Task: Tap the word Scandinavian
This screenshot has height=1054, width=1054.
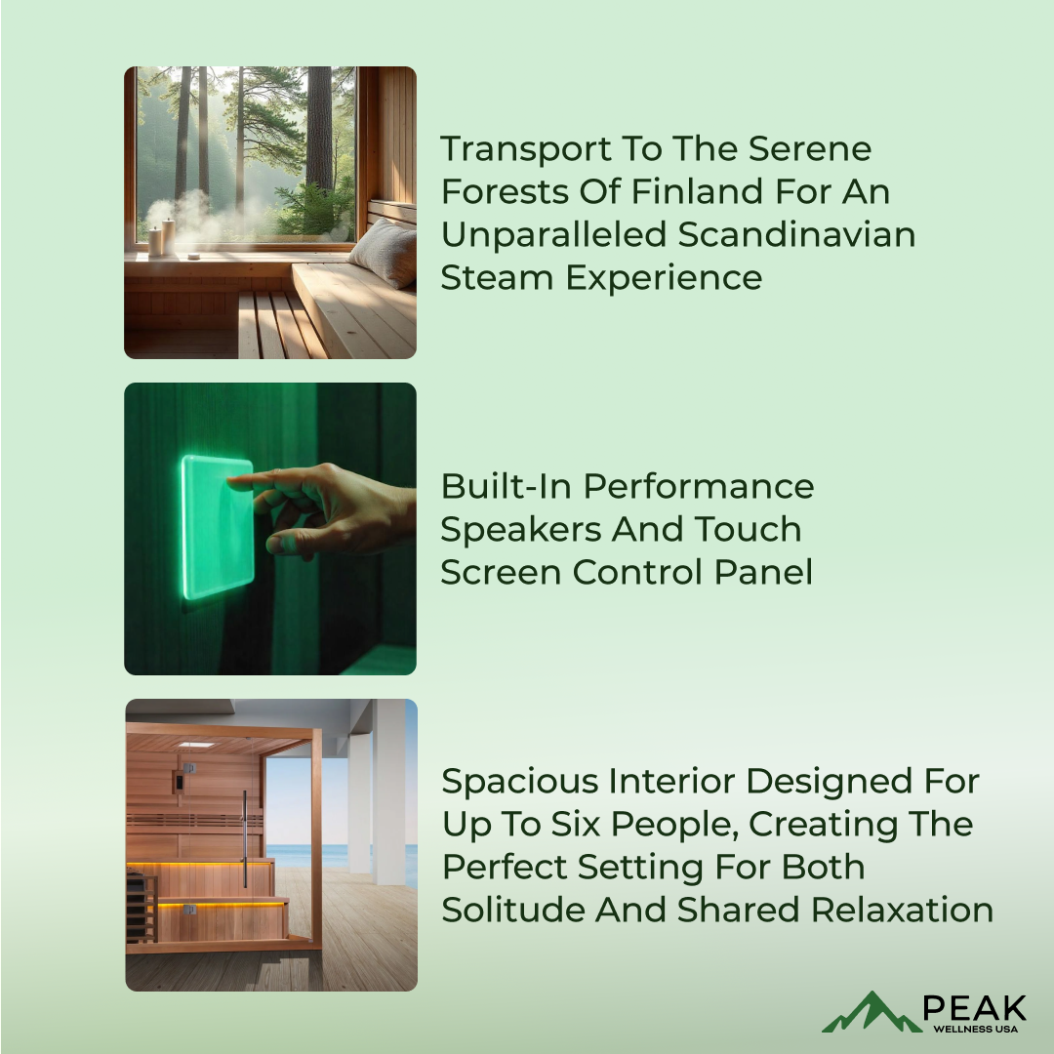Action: tap(796, 234)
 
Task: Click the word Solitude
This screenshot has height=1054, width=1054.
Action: tap(513, 911)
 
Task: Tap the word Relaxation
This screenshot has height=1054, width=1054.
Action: tap(902, 911)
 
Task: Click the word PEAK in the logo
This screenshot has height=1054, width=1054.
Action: tap(974, 1008)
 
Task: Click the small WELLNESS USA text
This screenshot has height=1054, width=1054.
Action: tap(975, 1030)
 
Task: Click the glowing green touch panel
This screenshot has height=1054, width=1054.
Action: tap(217, 527)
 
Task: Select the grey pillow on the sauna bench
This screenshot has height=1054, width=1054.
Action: tap(384, 251)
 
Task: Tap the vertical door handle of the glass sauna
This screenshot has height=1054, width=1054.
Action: tap(245, 838)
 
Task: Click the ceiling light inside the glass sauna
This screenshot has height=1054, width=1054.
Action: tap(195, 745)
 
